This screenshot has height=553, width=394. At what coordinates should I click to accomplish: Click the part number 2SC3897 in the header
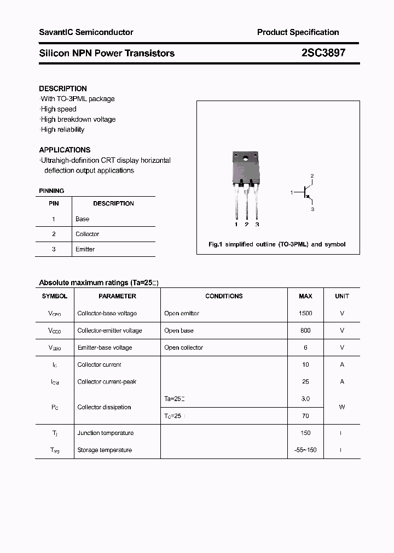tap(323, 53)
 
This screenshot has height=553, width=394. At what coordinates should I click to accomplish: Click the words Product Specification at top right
tap(298, 32)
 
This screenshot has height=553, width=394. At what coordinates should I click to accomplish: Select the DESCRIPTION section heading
tap(63, 89)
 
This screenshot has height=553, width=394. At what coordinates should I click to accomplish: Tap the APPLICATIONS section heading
tap(65, 150)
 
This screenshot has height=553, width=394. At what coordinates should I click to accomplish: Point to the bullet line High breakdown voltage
tap(78, 119)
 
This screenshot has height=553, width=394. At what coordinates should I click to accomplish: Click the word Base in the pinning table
tap(82, 219)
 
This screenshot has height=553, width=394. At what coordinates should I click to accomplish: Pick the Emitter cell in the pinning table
tap(85, 249)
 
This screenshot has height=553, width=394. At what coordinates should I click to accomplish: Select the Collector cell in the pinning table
tap(87, 234)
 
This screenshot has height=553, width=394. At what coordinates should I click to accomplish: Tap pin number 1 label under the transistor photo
tap(236, 225)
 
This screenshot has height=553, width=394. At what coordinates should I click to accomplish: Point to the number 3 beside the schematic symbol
tap(312, 209)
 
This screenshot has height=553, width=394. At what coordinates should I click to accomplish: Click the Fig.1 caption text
tap(277, 244)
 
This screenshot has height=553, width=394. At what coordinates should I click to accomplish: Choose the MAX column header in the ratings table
tap(305, 296)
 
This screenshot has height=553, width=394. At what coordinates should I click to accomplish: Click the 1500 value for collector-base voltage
tap(305, 314)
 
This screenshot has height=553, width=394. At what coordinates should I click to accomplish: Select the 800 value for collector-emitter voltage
tap(305, 331)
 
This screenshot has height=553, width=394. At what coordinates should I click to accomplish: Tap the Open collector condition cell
tap(183, 348)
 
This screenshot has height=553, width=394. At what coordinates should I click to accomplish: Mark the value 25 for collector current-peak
tap(305, 382)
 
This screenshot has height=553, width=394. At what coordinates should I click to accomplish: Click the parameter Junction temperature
tap(105, 433)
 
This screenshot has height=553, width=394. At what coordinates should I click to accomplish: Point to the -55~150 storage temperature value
tap(305, 450)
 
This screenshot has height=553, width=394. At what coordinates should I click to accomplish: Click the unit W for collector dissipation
tap(342, 407)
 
